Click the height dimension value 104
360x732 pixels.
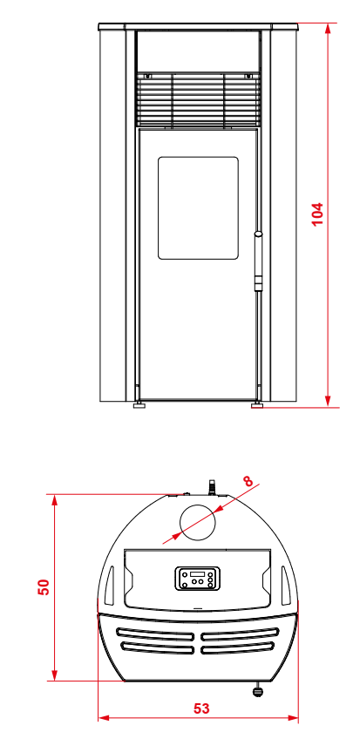(317, 213)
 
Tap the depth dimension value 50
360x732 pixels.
(43, 586)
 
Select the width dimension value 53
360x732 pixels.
(201, 708)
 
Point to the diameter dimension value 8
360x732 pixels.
(248, 481)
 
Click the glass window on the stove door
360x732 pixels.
(198, 207)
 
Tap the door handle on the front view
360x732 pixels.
(258, 261)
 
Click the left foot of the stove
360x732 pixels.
(139, 404)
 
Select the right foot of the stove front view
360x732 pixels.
(257, 404)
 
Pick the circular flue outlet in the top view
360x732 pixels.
(199, 522)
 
